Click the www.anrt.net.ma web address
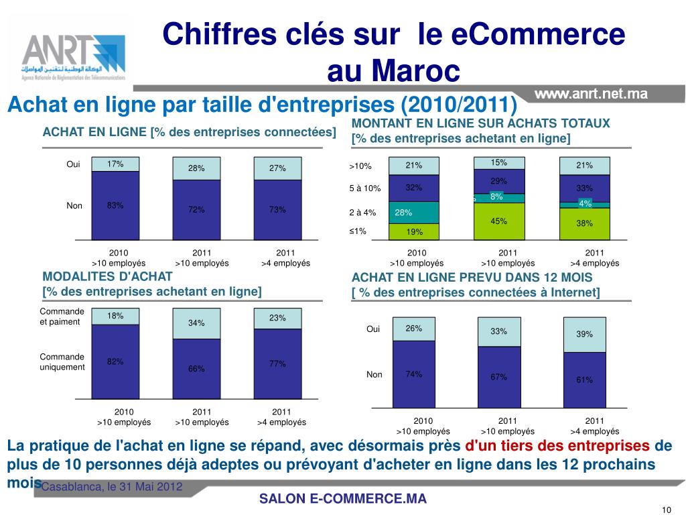(592, 95)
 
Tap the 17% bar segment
(115, 164)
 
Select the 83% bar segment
(115, 205)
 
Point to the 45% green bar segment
(498, 221)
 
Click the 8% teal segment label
(496, 196)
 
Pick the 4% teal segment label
(585, 203)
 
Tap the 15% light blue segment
(498, 163)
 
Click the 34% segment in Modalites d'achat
(196, 323)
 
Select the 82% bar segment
(115, 362)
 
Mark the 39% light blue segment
(584, 334)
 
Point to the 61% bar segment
(584, 380)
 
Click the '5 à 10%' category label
(365, 188)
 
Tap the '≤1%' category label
(358, 231)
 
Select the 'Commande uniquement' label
(62, 362)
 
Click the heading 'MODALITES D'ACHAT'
(107, 276)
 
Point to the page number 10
(666, 507)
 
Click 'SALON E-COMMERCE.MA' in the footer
(342, 499)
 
